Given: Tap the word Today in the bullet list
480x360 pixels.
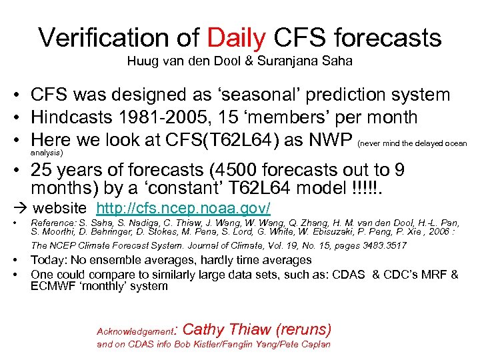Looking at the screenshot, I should coord(49,261).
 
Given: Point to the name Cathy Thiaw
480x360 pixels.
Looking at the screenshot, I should coord(222,329).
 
